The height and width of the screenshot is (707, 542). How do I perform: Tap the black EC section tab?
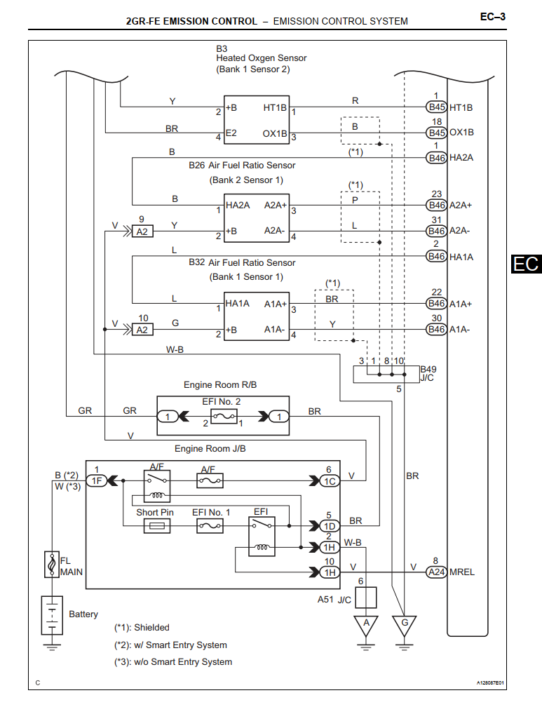[526, 264]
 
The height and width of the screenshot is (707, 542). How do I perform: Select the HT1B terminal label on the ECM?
[461, 107]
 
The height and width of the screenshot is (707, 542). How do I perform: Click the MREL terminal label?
[462, 572]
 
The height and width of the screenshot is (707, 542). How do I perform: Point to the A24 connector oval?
[436, 572]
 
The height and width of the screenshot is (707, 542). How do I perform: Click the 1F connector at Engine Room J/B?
[97, 480]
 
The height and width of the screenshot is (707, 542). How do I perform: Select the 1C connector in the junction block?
[328, 480]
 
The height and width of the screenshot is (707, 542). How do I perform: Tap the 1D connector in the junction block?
[328, 526]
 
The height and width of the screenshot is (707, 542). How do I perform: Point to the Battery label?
[83, 614]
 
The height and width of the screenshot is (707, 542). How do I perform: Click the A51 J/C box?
[367, 598]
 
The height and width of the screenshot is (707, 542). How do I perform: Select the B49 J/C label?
[428, 372]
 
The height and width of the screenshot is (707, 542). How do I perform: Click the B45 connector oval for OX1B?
[436, 133]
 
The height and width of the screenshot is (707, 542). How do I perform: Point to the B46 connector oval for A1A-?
[436, 329]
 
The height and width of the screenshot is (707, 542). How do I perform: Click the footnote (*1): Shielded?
[142, 628]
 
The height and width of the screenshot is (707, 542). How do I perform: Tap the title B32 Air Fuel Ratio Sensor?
[242, 262]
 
